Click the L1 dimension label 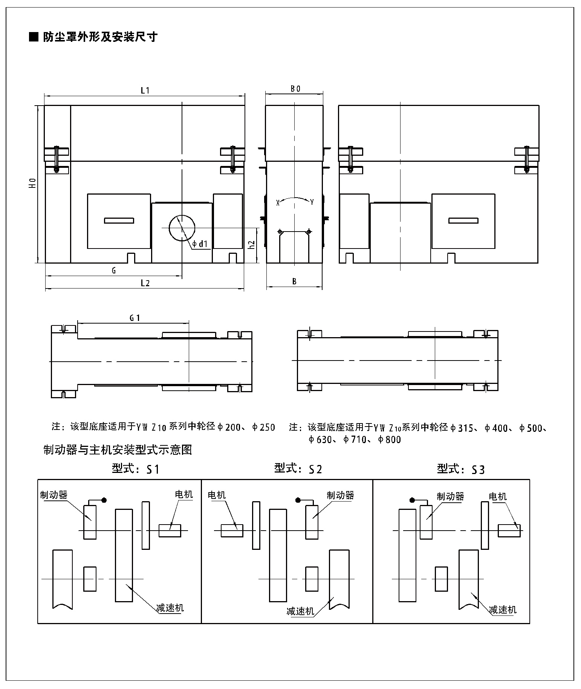(145, 91)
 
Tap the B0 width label (295, 89)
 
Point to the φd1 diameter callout (200, 244)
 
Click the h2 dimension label (252, 245)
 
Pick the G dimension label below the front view (113, 270)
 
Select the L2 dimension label (145, 284)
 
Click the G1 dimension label (135, 318)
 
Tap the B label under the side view (294, 281)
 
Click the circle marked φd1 (182, 227)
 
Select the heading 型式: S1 (136, 469)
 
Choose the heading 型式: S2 (298, 468)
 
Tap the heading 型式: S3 (461, 469)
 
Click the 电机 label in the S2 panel (217, 495)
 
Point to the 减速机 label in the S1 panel (170, 608)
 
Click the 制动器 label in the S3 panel (450, 496)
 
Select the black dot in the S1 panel (104, 500)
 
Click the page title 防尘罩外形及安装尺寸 (99, 37)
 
